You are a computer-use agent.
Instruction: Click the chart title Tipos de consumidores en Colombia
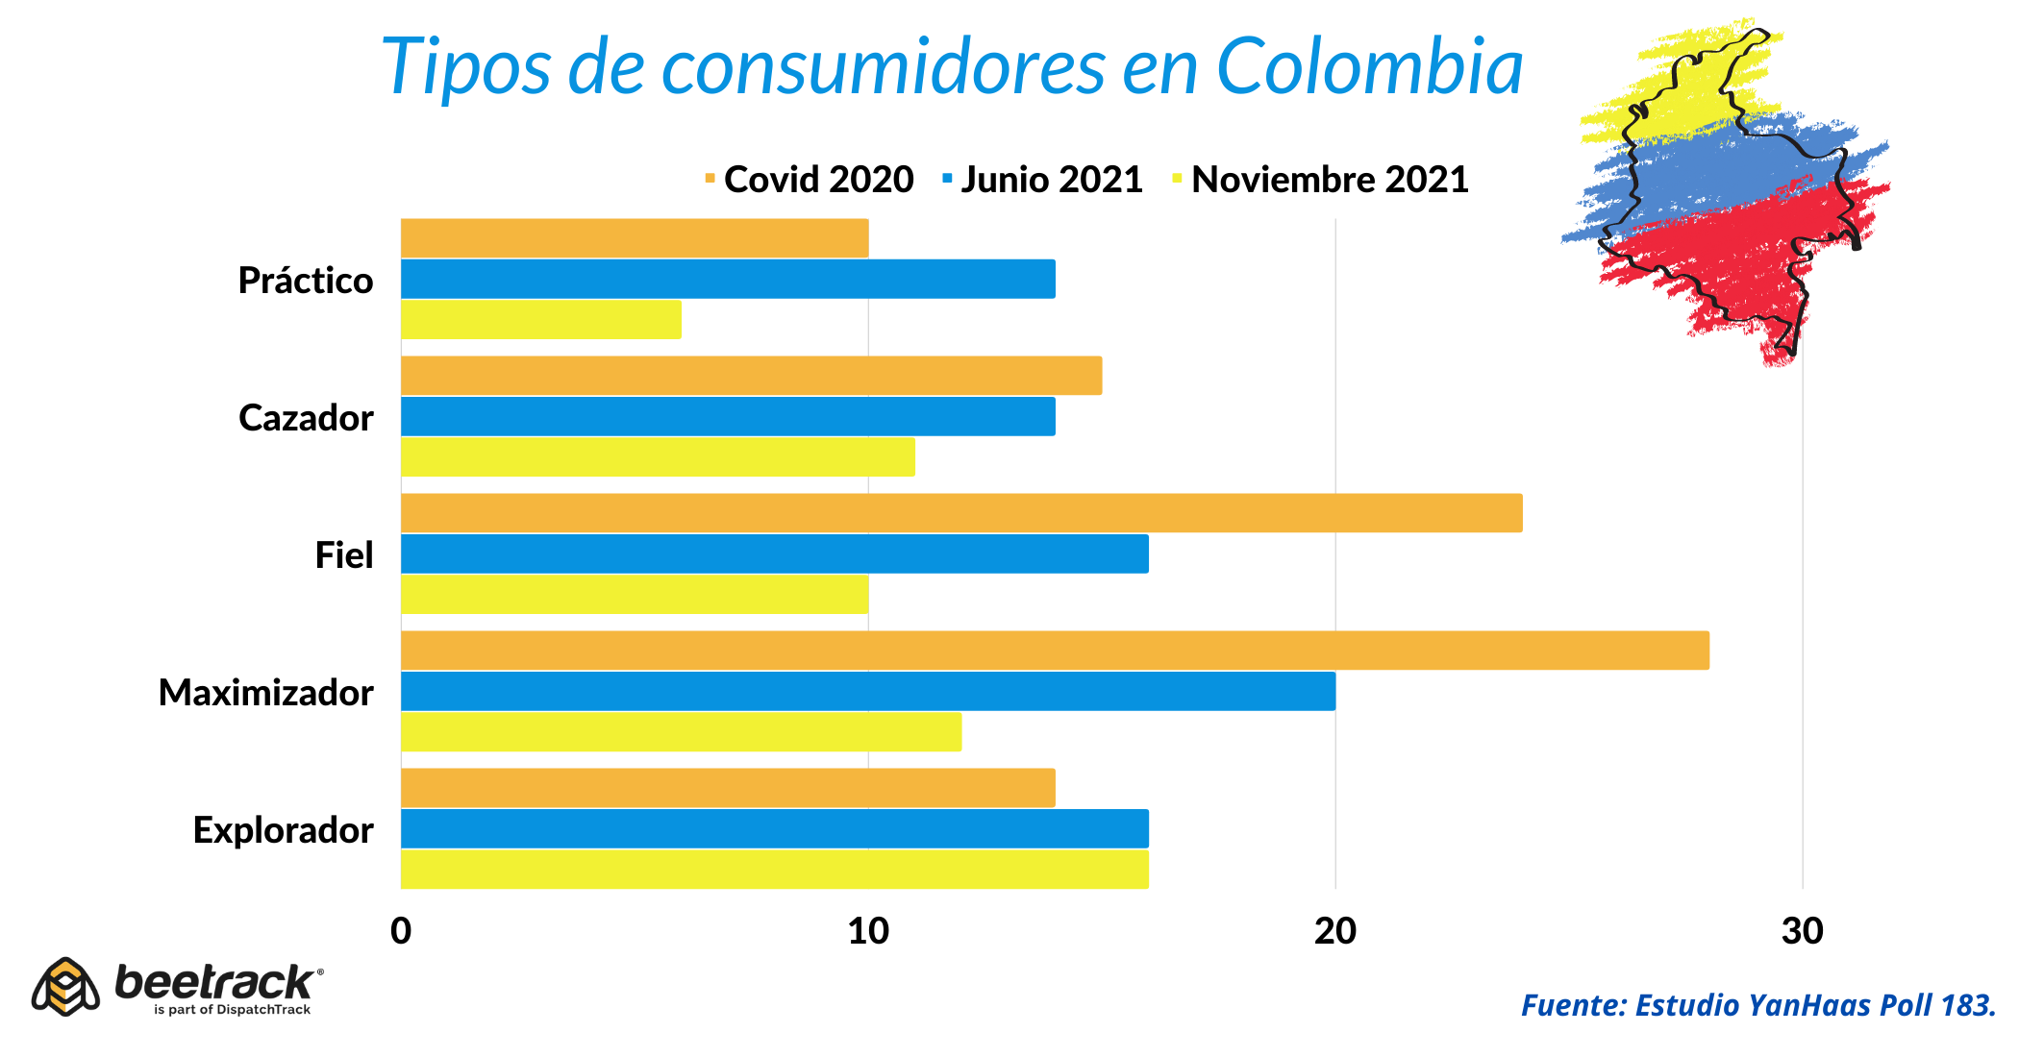coord(952,67)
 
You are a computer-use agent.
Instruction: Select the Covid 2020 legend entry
coord(810,180)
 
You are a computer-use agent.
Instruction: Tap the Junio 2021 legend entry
coord(1043,180)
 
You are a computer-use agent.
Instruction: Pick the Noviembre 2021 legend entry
coord(1321,180)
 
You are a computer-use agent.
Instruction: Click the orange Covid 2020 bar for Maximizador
coord(1055,651)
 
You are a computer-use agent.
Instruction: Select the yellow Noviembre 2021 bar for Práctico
coord(541,319)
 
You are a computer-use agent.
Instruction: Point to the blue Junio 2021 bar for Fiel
coord(774,553)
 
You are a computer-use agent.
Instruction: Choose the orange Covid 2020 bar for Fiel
coord(961,513)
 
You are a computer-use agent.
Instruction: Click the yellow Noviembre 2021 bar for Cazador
coord(658,456)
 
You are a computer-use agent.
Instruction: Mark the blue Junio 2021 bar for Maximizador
coord(868,691)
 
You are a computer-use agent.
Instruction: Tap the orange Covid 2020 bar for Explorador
coord(728,788)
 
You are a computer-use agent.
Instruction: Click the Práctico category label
coord(306,281)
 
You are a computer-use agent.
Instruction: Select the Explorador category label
coord(283,830)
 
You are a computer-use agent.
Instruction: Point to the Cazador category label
coord(306,418)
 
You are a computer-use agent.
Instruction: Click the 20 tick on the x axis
coord(1334,931)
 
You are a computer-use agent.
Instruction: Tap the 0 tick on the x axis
coord(401,931)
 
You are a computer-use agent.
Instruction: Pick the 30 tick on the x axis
coord(1802,931)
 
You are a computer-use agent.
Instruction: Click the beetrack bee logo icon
coord(65,987)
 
